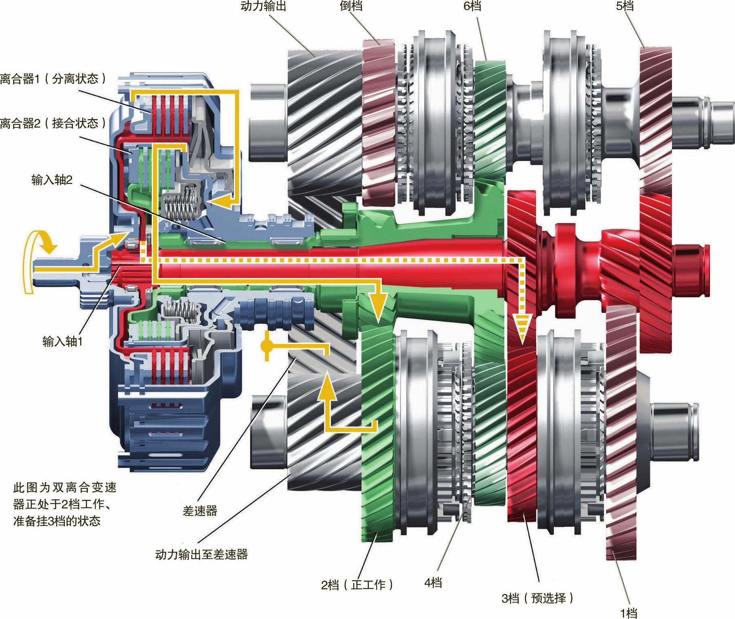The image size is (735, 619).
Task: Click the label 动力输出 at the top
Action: (x=263, y=6)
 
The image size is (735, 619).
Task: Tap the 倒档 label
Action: (x=351, y=6)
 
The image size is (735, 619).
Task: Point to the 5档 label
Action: (x=625, y=6)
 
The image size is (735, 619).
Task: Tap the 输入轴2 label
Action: (x=52, y=180)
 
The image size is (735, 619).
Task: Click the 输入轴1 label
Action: (x=62, y=341)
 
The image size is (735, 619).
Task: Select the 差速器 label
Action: (x=200, y=511)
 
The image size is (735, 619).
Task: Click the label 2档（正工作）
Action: (x=357, y=585)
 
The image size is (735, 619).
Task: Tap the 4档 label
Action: (x=433, y=583)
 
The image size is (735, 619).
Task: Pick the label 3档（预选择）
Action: (x=538, y=598)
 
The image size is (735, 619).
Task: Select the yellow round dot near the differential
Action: (x=266, y=346)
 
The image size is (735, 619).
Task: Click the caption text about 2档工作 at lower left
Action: (x=65, y=504)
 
